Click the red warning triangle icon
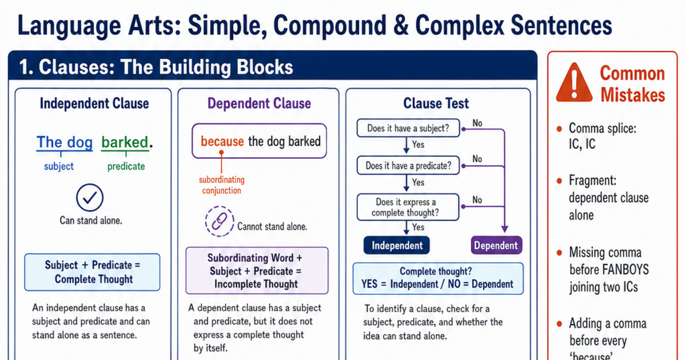574,83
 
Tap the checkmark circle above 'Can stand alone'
90,198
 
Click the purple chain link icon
220,221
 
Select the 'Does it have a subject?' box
408,128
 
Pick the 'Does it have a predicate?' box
408,166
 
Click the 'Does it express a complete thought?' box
408,207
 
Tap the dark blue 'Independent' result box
397,245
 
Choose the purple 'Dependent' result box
496,245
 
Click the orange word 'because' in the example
222,142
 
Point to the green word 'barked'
125,142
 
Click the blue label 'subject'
59,166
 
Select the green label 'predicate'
126,166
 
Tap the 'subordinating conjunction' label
222,185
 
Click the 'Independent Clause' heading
94,103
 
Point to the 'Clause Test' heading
436,103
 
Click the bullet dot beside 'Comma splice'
559,129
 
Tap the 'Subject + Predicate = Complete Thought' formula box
92,272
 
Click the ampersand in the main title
401,26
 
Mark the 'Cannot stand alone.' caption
272,226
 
